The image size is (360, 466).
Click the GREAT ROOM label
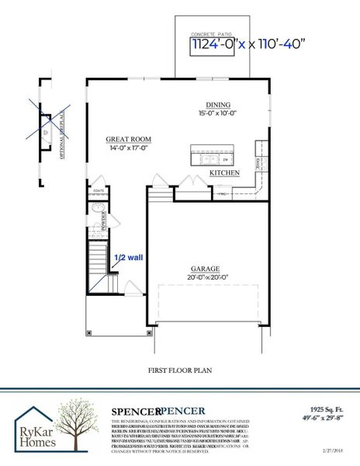(128, 141)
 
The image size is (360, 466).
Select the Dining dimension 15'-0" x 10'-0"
(218, 113)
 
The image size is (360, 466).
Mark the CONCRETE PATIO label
(212, 34)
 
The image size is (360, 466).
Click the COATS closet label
(99, 190)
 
